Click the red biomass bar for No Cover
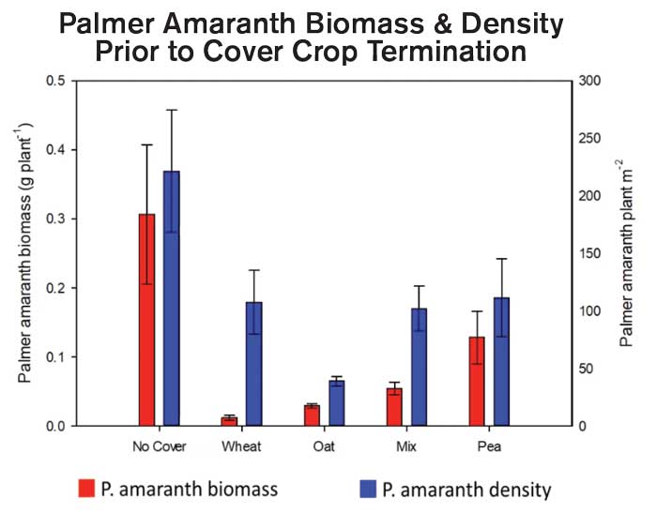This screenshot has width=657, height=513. click(146, 320)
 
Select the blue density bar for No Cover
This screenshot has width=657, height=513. click(172, 298)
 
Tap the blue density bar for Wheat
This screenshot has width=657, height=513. click(254, 364)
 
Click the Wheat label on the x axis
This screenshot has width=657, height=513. click(241, 447)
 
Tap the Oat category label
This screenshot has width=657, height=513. click(325, 447)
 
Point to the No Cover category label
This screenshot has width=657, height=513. click(160, 447)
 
